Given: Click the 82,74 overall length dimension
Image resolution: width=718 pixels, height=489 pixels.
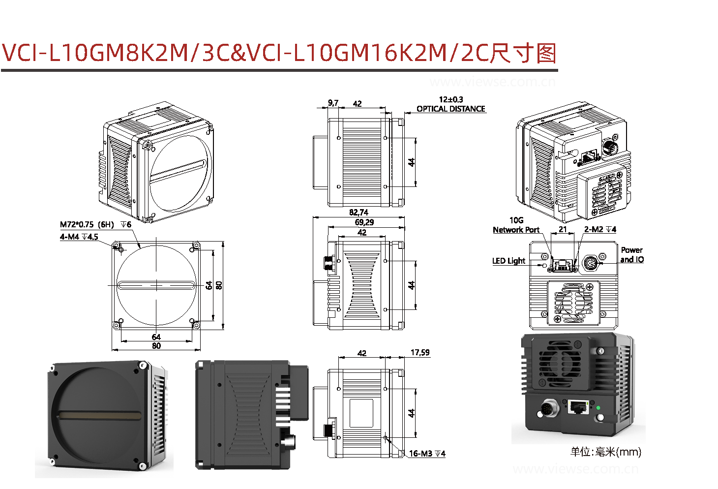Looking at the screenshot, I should point(359,213).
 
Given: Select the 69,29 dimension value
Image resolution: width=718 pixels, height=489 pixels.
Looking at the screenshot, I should point(364,222).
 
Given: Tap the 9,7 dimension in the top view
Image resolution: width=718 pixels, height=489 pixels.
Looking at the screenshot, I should point(333,103).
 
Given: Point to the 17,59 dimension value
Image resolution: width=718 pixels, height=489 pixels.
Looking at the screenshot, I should point(419,353).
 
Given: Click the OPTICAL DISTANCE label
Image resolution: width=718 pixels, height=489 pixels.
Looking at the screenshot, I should point(450,109).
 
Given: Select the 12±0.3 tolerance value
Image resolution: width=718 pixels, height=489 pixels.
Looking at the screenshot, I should point(450,99).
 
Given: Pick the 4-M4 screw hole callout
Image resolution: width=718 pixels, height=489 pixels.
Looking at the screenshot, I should point(79,237).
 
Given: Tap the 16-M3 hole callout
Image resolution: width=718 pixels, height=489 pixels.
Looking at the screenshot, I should point(426,454).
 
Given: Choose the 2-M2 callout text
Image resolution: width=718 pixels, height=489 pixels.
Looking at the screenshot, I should point(599,229).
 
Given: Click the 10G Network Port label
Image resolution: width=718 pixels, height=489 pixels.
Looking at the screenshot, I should point(516,225).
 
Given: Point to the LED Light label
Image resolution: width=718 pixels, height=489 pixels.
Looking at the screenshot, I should point(509,261).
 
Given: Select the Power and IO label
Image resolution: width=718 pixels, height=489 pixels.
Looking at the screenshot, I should point(631,255).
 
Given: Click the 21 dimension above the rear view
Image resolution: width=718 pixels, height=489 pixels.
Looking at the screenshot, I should point(563,229).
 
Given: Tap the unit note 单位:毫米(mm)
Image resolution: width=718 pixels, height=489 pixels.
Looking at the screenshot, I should point(605,452).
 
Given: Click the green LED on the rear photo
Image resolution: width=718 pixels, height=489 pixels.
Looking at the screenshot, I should point(598,408).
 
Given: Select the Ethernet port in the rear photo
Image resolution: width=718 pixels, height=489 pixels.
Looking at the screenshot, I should point(578,407).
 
